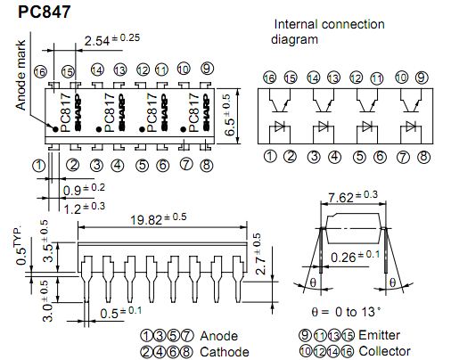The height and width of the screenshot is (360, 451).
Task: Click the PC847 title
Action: tap(44, 12)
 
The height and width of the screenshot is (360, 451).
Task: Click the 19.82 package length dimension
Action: tap(159, 219)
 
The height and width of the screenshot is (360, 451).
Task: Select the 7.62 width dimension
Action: tap(352, 197)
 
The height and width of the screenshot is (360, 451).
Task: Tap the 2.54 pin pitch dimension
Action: tap(111, 40)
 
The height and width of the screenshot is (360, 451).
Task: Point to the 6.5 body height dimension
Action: tap(231, 115)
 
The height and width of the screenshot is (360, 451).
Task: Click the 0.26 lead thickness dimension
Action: tap(356, 257)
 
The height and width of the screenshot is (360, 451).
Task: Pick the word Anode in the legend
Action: tap(219, 336)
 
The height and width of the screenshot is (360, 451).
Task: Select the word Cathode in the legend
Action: tap(225, 352)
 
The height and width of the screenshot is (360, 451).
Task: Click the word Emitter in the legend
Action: tap(379, 335)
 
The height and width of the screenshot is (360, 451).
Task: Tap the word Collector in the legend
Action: tap(385, 351)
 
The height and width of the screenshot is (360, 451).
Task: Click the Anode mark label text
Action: tap(20, 76)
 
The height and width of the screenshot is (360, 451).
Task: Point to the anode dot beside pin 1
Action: tap(55, 129)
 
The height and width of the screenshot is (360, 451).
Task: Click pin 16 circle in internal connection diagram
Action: tap(269, 78)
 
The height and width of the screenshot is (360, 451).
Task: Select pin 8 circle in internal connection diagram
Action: tap(423, 157)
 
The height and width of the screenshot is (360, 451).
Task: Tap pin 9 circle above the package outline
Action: tap(207, 69)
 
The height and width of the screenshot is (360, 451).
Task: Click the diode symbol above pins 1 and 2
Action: tap(280, 127)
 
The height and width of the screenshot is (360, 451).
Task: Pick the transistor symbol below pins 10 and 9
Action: tap(411, 102)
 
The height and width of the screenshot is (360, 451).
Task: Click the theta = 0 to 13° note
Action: tap(346, 312)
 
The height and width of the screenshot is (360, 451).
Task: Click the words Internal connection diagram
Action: tap(327, 32)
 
